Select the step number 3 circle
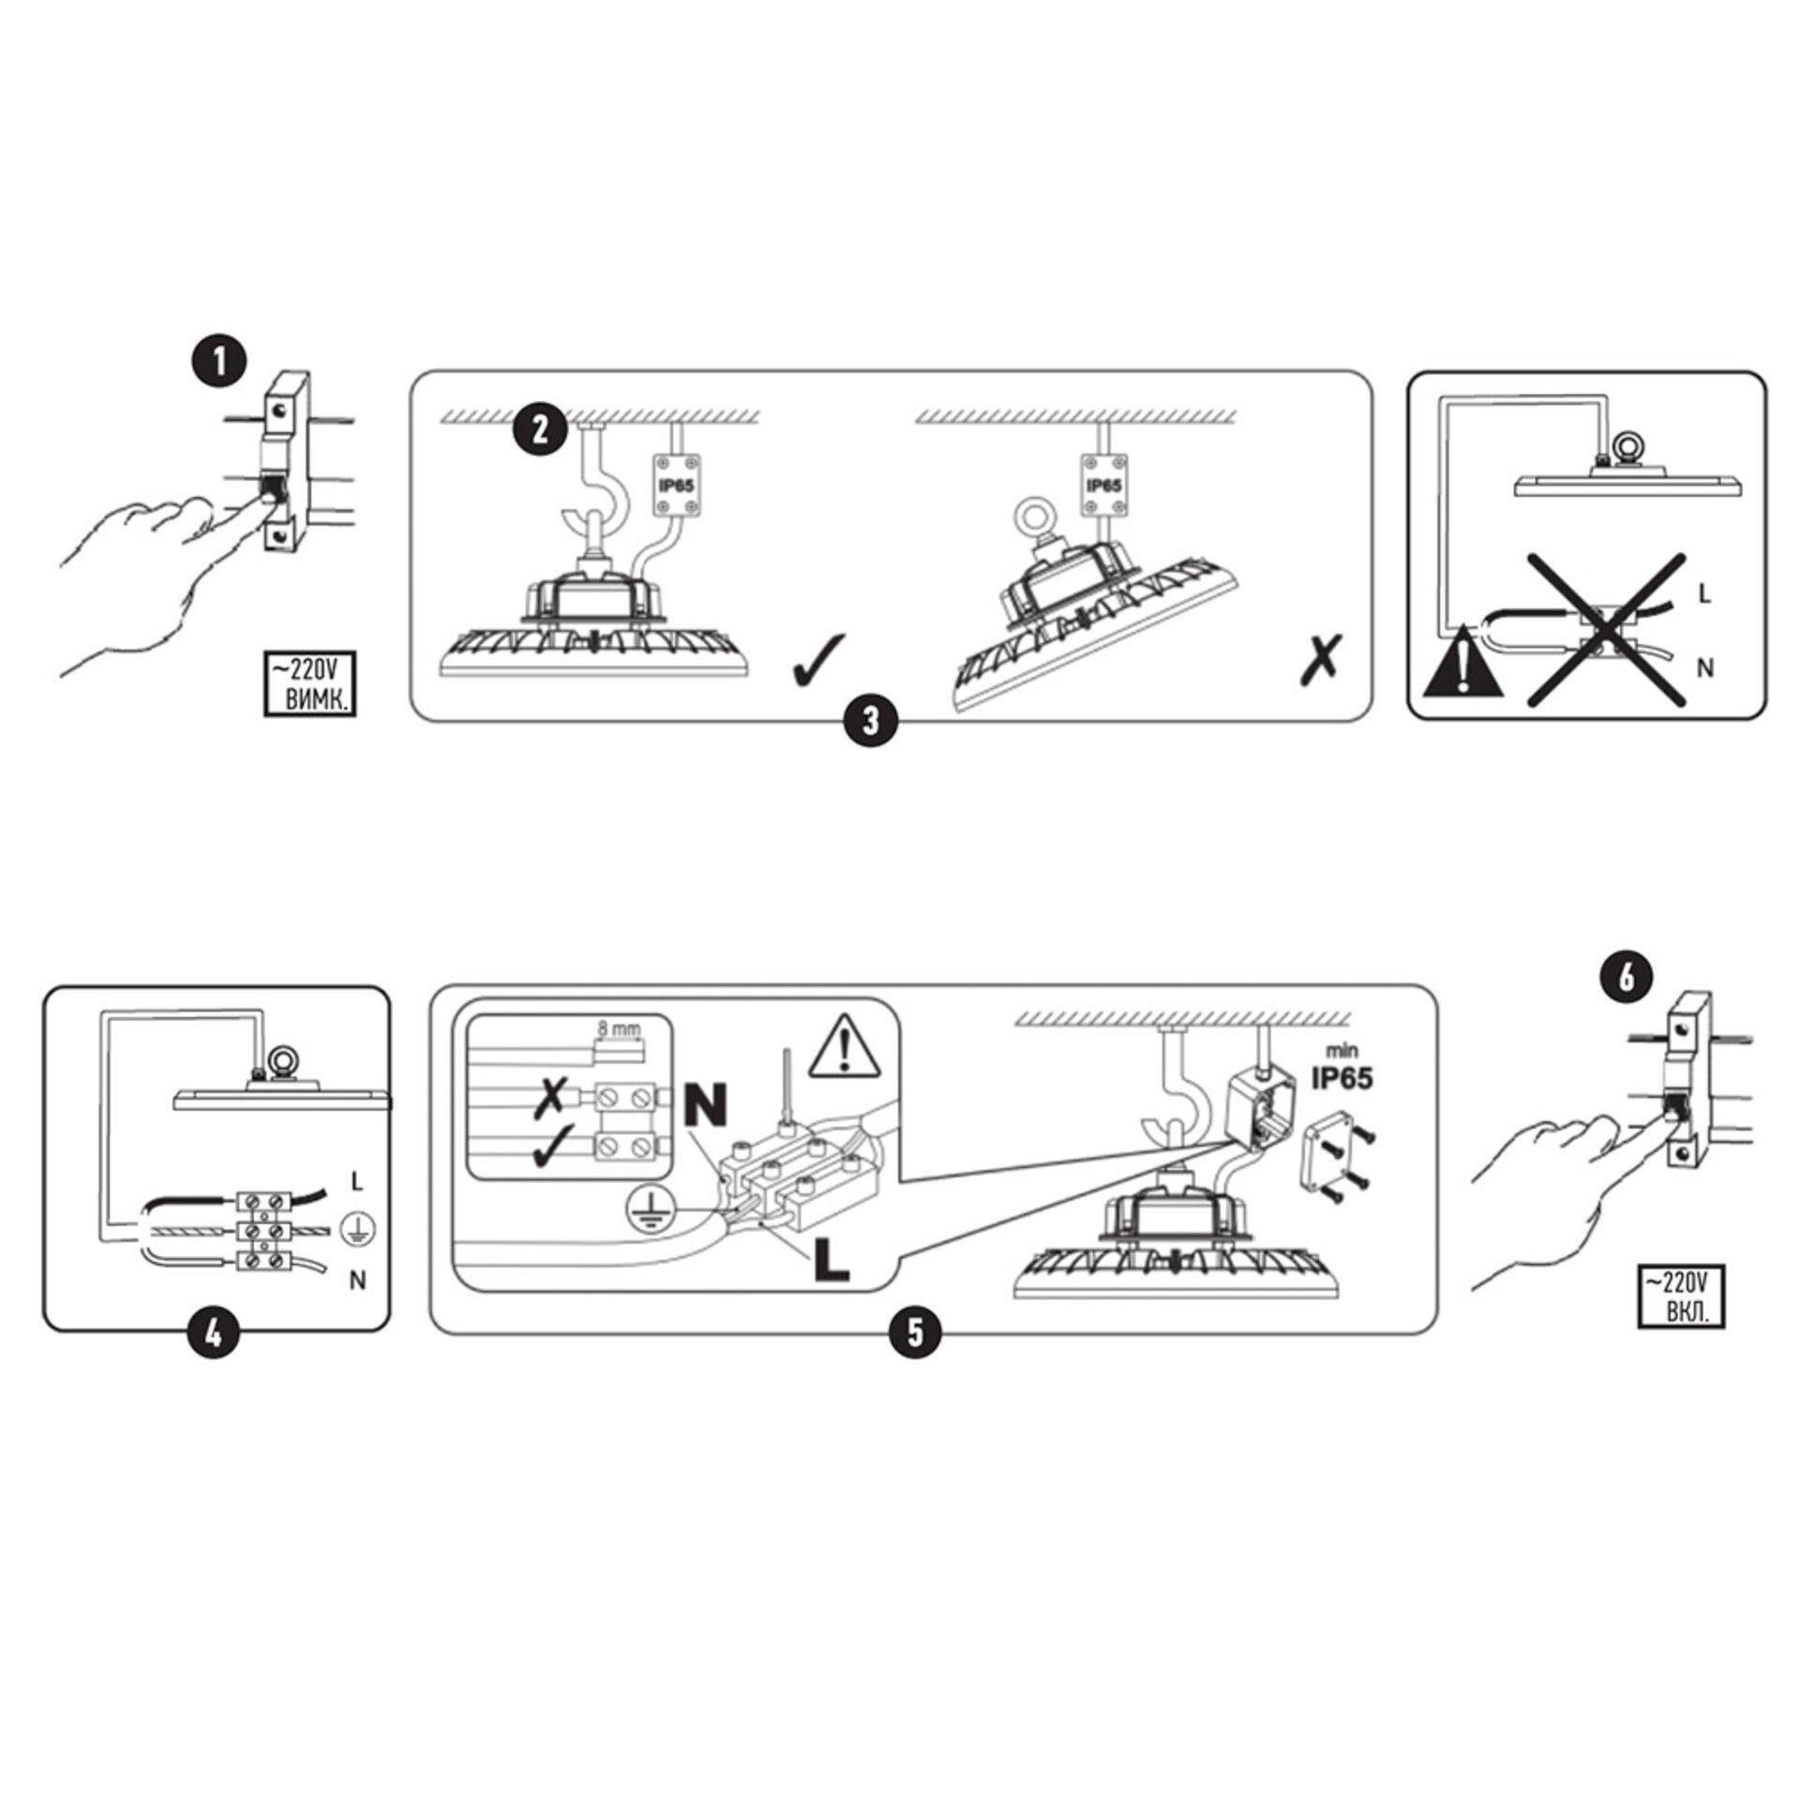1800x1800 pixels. tap(870, 720)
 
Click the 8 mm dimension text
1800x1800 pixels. tap(620, 1028)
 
